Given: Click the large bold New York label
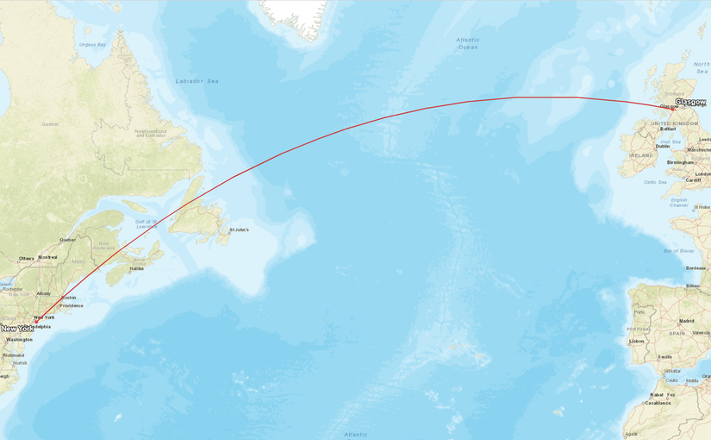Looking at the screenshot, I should click(17, 329).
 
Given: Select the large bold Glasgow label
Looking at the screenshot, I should click(690, 102).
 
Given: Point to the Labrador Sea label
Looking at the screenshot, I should click(197, 81).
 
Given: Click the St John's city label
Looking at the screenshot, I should click(239, 230).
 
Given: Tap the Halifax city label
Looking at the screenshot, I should click(136, 269).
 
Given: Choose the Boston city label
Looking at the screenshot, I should click(70, 298).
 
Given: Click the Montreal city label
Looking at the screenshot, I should click(47, 257).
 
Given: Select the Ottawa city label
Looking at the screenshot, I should click(26, 258).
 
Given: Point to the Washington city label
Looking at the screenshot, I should click(19, 340).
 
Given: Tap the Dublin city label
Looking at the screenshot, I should click(663, 146).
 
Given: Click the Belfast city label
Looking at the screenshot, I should click(667, 129).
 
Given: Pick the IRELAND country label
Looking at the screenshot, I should click(641, 155).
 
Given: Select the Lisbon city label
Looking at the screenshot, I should click(637, 341).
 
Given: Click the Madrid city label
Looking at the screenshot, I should click(686, 321).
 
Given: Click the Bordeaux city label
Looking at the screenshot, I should click(696, 268).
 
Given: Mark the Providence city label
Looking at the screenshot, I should click(72, 305).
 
